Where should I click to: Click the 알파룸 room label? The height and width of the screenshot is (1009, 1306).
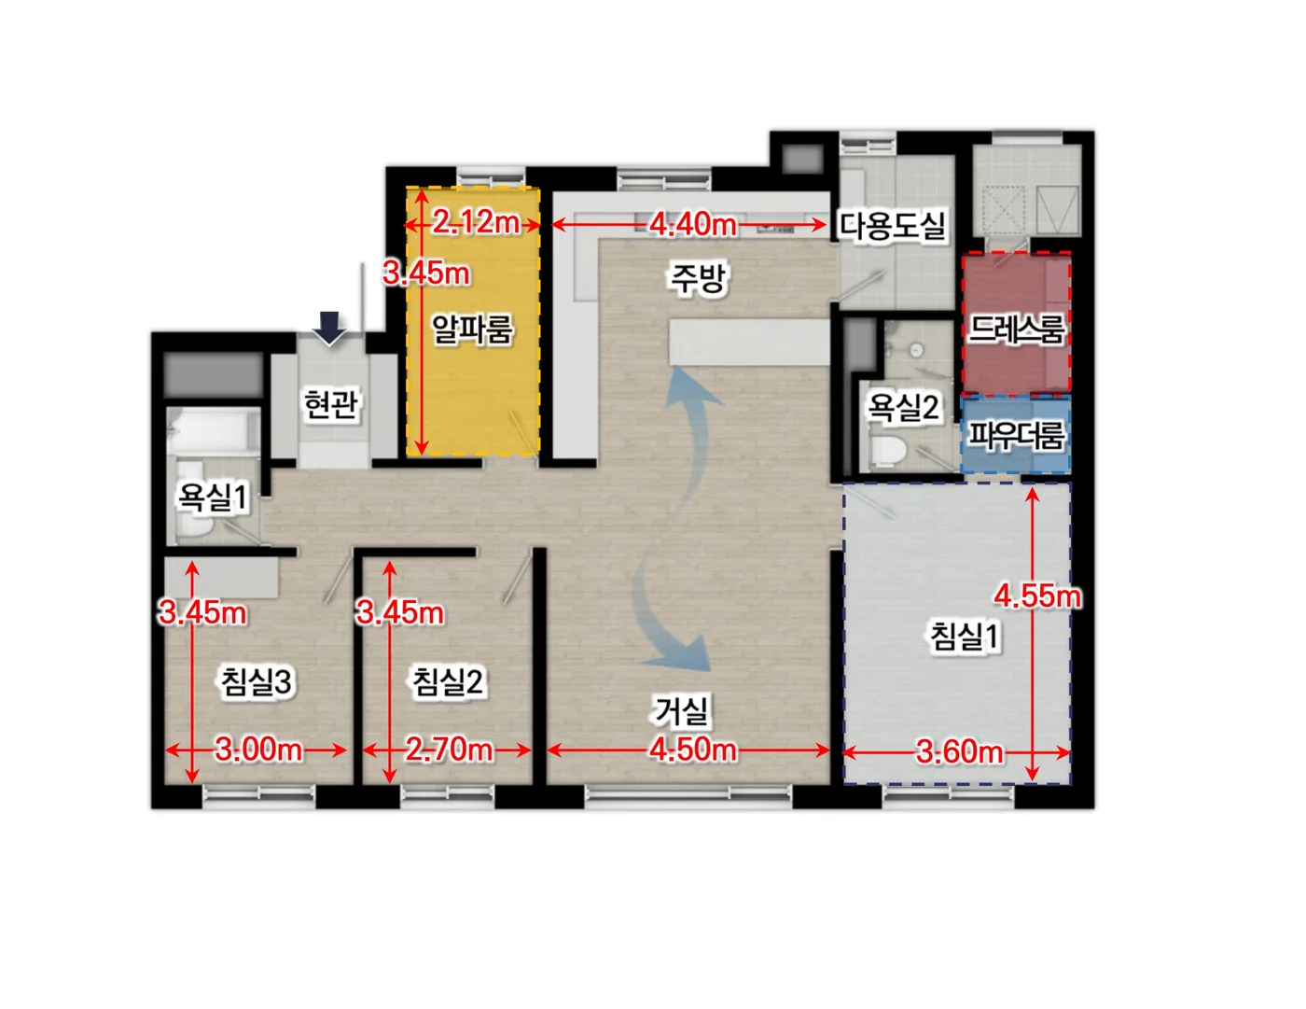[x=472, y=329]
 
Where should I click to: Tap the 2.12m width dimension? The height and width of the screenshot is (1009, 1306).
[x=476, y=223]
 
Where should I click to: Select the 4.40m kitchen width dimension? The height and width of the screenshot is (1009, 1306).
[x=692, y=225]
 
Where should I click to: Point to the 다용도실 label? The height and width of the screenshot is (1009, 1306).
[x=893, y=226]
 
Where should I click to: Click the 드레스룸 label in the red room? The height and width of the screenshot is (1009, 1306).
[x=1016, y=329]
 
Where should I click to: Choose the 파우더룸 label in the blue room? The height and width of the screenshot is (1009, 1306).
[x=1016, y=435]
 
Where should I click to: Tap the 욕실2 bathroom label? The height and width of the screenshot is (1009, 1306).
[x=903, y=408]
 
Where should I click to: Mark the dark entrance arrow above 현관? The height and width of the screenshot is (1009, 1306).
[x=330, y=329]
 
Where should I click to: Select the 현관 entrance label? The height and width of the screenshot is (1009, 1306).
[x=331, y=404]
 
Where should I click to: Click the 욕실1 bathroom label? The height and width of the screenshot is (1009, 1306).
[x=212, y=497]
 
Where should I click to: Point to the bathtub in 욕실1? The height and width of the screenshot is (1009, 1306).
[x=212, y=429]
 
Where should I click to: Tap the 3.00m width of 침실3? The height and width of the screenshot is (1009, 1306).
[x=257, y=750]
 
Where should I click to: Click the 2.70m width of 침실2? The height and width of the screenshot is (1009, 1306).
[x=449, y=750]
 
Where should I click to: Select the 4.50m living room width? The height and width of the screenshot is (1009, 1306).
[x=692, y=750]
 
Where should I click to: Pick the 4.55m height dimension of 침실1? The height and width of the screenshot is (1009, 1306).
[x=1036, y=596]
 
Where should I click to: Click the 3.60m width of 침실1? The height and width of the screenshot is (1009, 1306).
[x=959, y=751]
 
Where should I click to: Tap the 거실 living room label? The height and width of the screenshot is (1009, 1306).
[x=681, y=710]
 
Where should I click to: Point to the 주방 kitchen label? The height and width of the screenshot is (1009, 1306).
[x=698, y=278]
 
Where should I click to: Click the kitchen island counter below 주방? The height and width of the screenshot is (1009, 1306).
[x=749, y=342]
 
